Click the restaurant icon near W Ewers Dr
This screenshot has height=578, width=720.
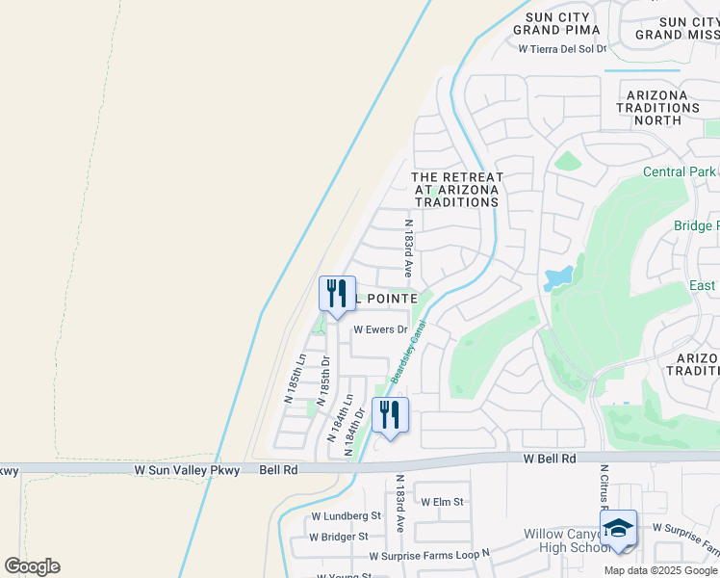337,294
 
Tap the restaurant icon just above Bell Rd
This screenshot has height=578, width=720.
390,415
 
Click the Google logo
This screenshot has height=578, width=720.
32,565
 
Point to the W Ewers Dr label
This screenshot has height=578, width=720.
381,328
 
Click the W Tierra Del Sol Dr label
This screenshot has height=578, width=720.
563,48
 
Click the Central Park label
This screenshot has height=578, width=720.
679,172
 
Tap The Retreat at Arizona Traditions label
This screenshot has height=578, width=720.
456,190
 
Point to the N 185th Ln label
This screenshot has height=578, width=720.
295,378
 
